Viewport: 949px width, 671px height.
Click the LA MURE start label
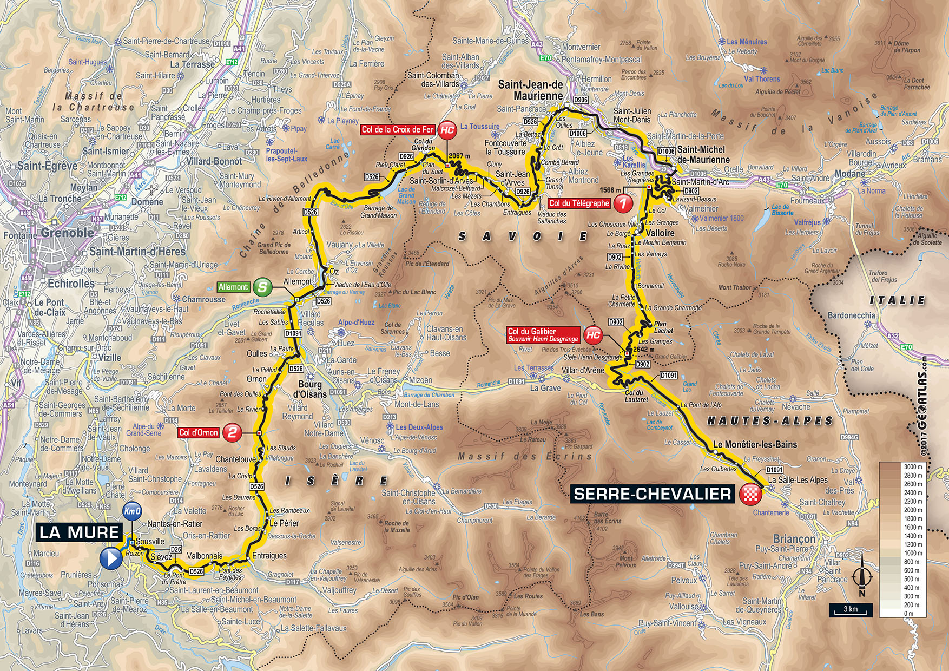[x=79, y=532]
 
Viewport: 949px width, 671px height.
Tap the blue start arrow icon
[x=111, y=558]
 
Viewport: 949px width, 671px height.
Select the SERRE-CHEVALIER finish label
[x=652, y=494]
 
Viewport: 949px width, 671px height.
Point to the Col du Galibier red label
[x=543, y=335]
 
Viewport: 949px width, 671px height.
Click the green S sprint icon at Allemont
[x=262, y=287]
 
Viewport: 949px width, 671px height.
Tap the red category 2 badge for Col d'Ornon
[x=232, y=432]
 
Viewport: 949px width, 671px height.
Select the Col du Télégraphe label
[x=579, y=203]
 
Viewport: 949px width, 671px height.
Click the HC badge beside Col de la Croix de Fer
[x=447, y=130]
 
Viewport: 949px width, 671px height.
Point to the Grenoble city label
[x=68, y=233]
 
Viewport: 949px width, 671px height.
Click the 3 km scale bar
[x=851, y=610]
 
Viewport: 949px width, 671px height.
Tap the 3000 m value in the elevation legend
[x=913, y=466]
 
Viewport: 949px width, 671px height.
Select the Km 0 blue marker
[x=133, y=511]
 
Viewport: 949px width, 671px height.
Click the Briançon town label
[x=794, y=539]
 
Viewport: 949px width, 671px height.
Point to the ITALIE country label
[x=897, y=300]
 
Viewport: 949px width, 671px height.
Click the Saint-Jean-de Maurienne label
[x=530, y=90]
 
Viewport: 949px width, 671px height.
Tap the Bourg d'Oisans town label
[x=310, y=389]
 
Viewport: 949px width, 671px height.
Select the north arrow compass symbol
[x=862, y=578]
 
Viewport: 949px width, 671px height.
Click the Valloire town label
[x=660, y=233]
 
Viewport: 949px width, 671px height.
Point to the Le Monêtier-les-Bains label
[x=755, y=444]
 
